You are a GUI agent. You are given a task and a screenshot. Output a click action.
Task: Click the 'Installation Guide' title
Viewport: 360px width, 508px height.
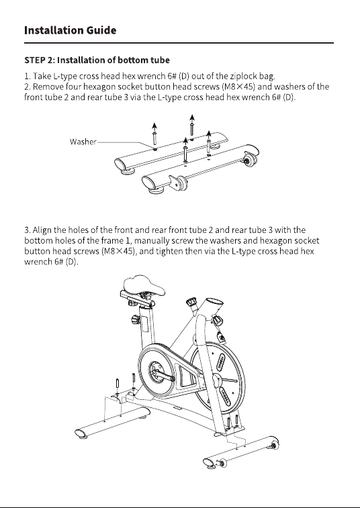pyautogui.click(x=70, y=30)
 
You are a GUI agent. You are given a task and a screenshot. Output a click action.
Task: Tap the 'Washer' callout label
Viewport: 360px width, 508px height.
pyautogui.click(x=83, y=142)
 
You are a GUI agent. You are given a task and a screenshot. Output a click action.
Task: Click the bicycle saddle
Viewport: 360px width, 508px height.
pyautogui.click(x=144, y=285)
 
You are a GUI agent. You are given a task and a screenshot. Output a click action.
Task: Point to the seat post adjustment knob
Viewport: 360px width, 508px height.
pyautogui.click(x=136, y=320)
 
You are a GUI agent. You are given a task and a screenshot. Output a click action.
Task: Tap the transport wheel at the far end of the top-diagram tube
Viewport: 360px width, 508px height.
pyautogui.click(x=249, y=160)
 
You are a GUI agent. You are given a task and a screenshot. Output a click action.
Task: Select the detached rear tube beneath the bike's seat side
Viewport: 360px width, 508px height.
pyautogui.click(x=113, y=422)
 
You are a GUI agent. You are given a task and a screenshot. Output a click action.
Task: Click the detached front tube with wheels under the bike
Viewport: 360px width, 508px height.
pyautogui.click(x=240, y=452)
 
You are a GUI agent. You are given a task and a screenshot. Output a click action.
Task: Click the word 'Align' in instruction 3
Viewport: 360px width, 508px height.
pyautogui.click(x=42, y=230)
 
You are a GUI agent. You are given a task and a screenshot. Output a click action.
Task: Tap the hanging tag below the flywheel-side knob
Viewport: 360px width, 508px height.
pyautogui.click(x=222, y=338)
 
